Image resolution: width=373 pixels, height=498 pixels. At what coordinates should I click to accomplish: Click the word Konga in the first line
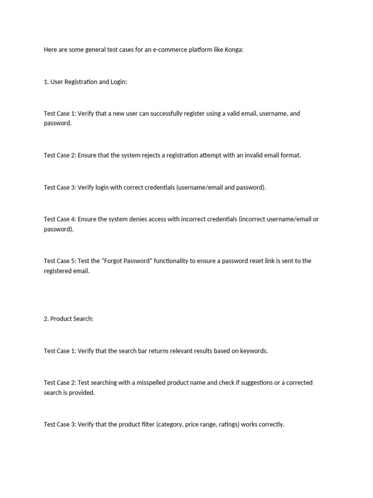[233, 50]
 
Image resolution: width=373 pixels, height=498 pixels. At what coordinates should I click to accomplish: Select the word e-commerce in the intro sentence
[169, 50]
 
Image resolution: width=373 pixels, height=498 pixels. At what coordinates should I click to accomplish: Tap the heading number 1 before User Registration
[46, 82]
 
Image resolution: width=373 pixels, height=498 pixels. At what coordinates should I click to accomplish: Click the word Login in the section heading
[118, 82]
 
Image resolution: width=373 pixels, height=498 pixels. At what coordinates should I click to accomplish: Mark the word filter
[146, 424]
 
